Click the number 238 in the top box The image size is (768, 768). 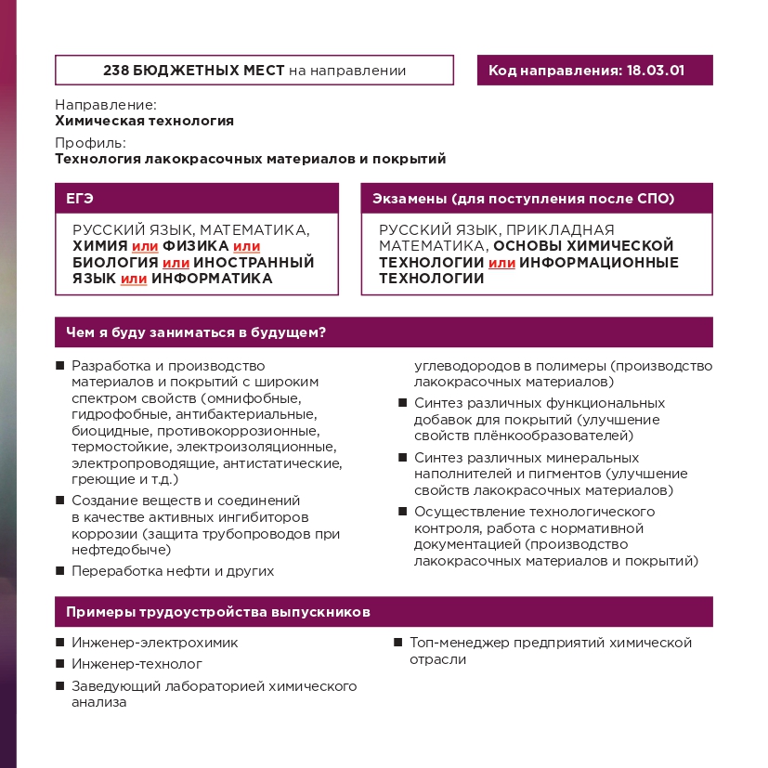pos(116,71)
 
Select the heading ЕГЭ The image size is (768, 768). pos(80,199)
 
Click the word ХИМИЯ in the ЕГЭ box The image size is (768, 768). pos(100,246)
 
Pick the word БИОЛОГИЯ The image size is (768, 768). pos(114,262)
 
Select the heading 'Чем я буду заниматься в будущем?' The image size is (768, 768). pos(201,332)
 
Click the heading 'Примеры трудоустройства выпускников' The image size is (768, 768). pos(218,613)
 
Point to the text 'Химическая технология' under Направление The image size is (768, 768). pos(144,121)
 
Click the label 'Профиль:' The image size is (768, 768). pos(90,143)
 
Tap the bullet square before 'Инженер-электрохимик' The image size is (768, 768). pos(60,643)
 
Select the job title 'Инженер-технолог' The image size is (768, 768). pos(137,664)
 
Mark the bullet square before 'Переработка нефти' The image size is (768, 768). pos(60,571)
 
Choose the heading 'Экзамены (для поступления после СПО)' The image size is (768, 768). pos(523,199)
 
